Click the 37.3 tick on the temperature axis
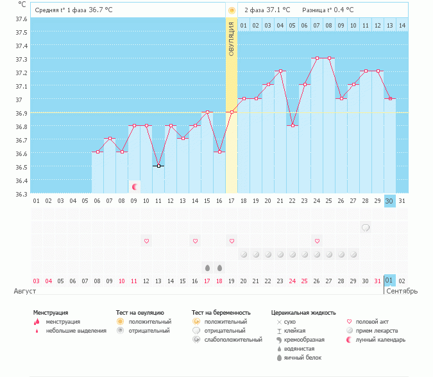coord(22,58)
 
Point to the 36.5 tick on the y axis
coord(22,167)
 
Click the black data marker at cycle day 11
coord(158,166)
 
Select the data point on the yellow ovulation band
coord(232,112)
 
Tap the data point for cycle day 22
coord(293,125)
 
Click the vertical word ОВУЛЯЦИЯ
coord(232,38)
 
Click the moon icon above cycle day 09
coord(135,187)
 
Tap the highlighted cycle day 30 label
coord(389,201)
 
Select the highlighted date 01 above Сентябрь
coord(389,281)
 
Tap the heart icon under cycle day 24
coord(317,241)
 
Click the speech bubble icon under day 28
coord(366,227)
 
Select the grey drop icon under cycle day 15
coord(207,267)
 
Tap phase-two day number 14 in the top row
coord(402,25)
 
